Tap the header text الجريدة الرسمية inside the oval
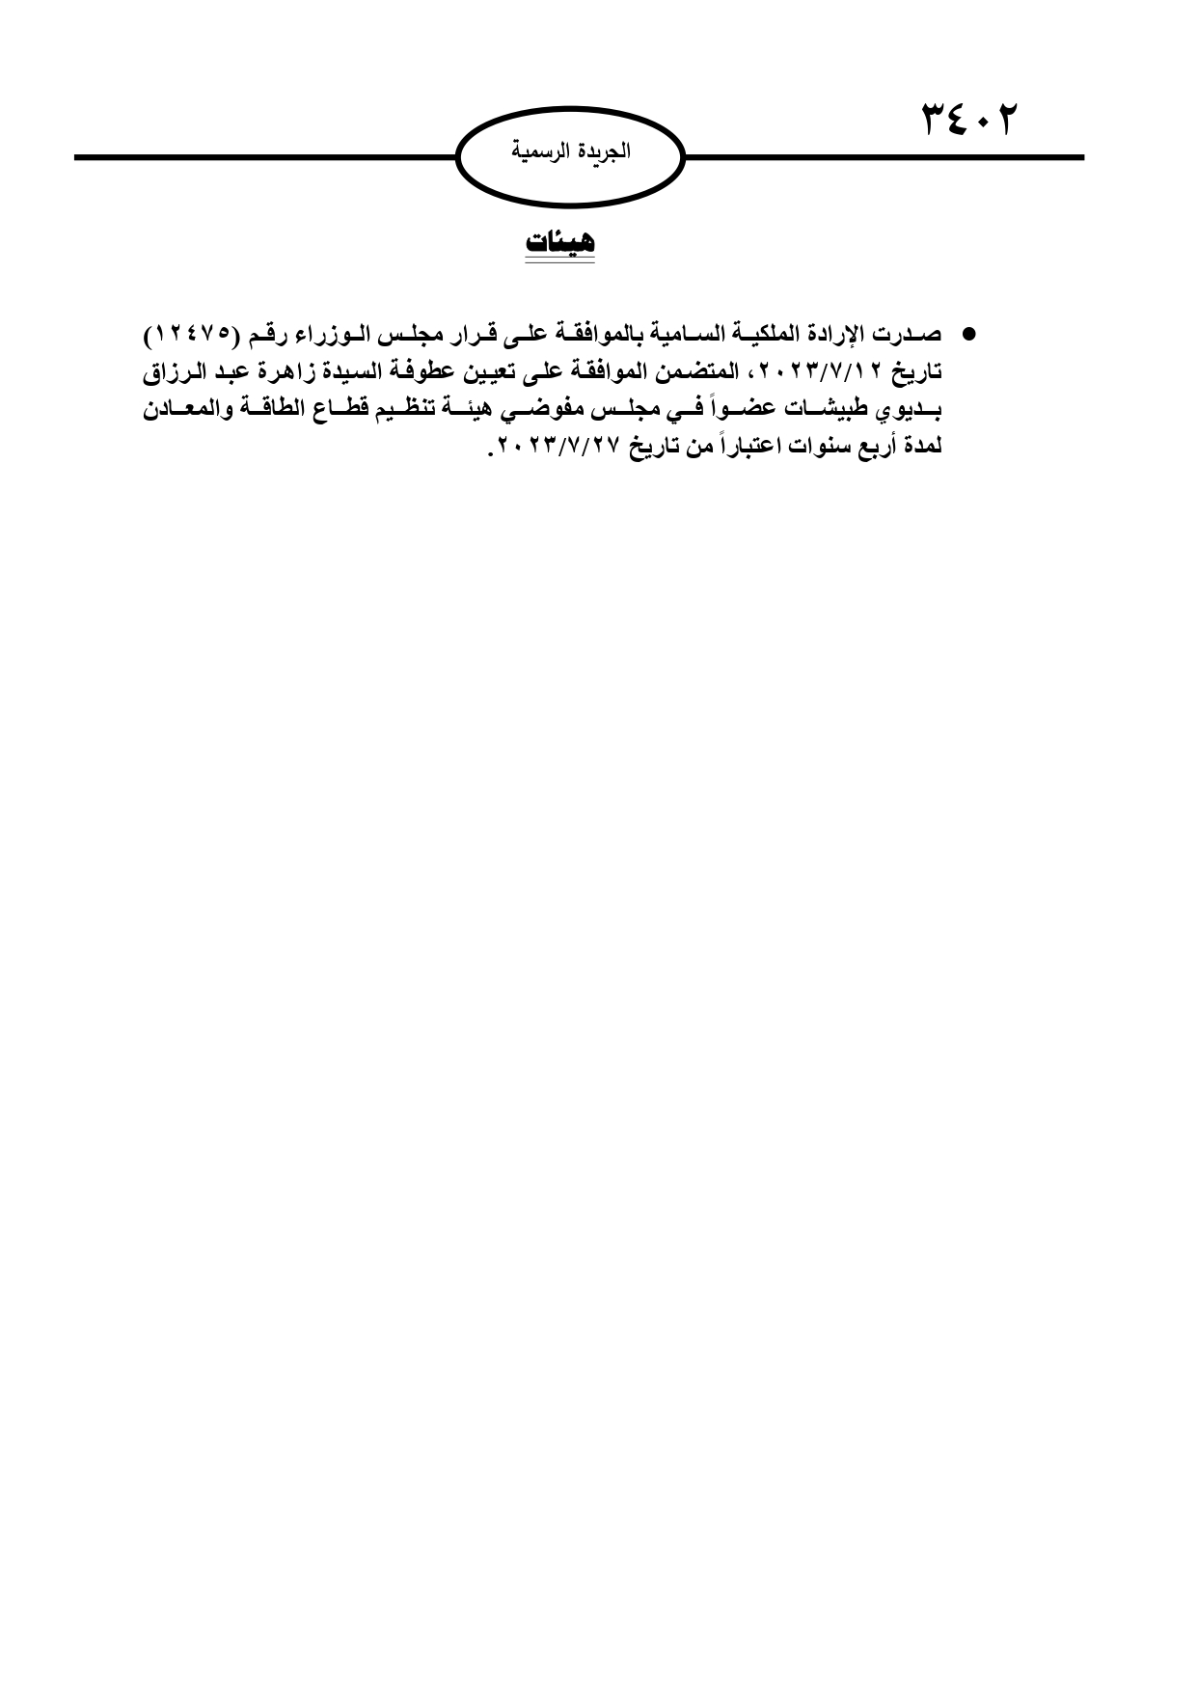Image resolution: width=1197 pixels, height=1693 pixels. [570, 152]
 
